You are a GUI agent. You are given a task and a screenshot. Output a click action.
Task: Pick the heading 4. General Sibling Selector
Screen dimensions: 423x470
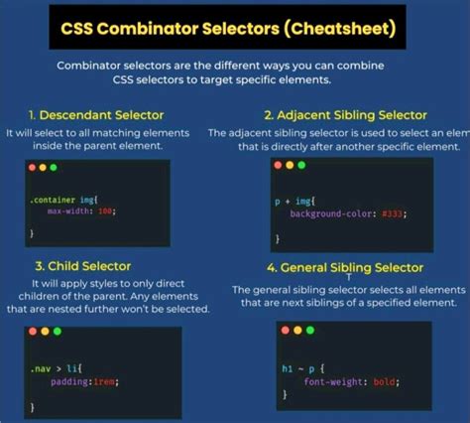point(344,267)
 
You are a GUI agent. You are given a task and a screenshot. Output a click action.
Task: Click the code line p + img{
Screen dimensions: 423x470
point(294,200)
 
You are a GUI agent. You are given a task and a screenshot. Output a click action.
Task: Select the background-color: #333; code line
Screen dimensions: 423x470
point(347,212)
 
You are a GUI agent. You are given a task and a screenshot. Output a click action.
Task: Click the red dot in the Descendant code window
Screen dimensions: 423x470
point(33,168)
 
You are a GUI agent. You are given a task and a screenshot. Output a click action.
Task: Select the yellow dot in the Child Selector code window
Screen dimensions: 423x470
point(46,330)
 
